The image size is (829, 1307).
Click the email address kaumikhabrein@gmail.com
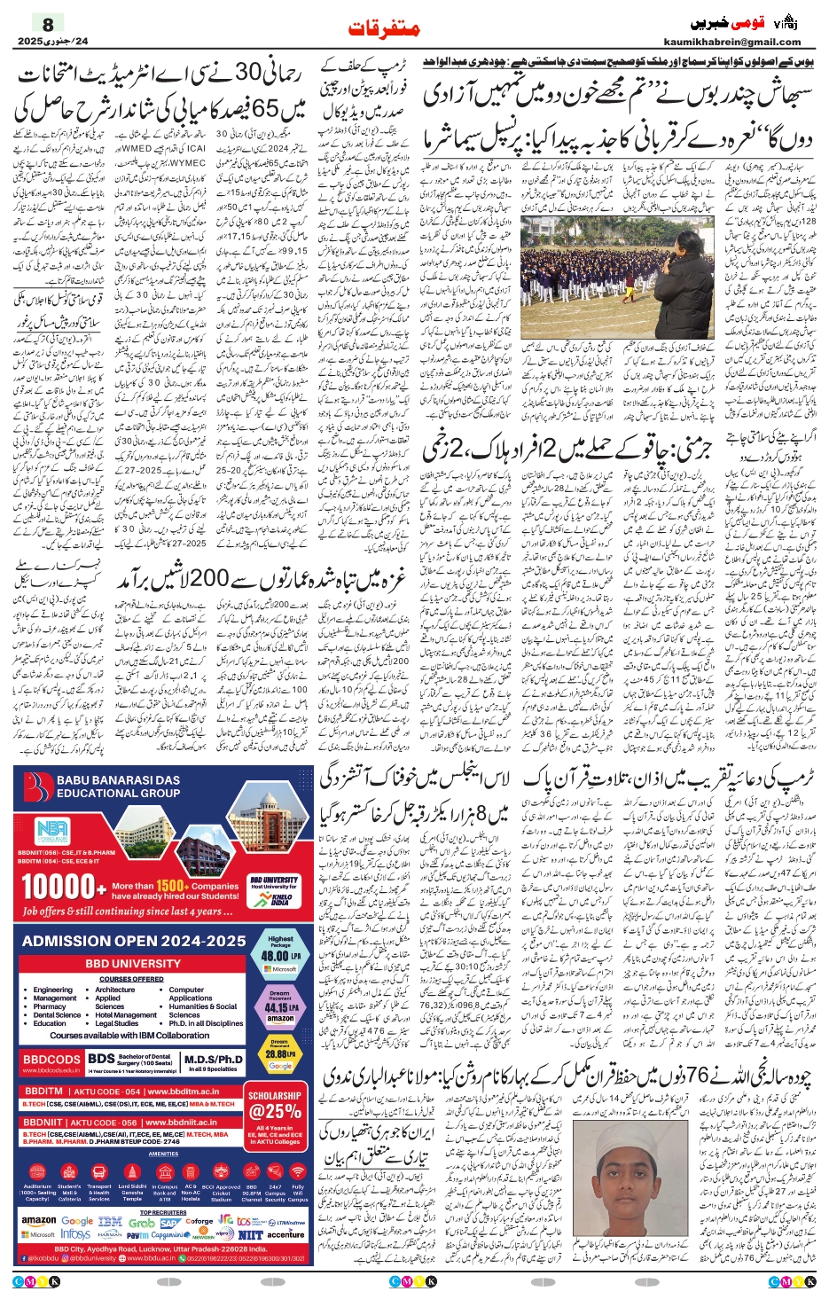[x=731, y=42]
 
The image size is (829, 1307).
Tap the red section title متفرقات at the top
[x=383, y=29]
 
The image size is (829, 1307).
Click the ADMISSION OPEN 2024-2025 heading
[x=134, y=941]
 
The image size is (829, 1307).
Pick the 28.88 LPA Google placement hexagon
[x=280, y=1055]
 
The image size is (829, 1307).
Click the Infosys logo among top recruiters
[x=76, y=1234]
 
